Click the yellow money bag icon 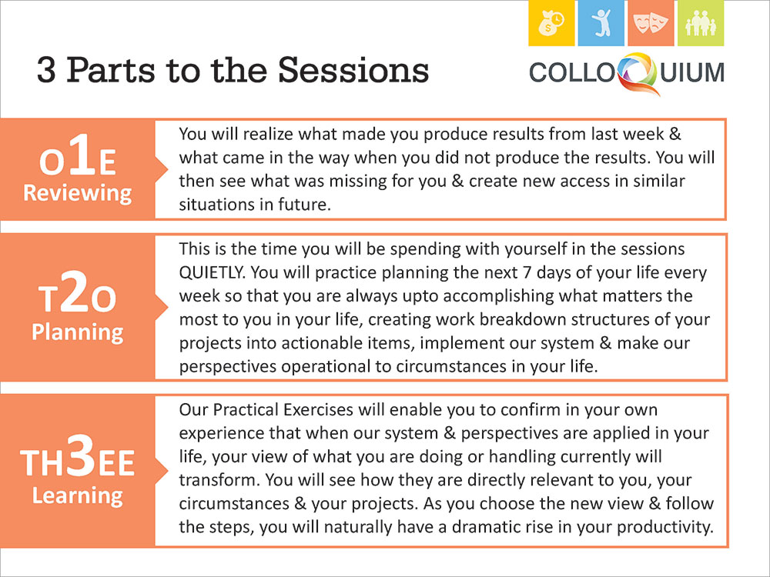click(551, 23)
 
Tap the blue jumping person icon click(601, 23)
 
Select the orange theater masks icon click(651, 23)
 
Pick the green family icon click(700, 23)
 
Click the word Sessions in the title click(353, 70)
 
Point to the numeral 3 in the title click(46, 70)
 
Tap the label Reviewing click(78, 193)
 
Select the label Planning click(78, 332)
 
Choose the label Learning click(78, 495)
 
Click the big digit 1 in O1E click(81, 155)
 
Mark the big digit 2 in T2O click(76, 292)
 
